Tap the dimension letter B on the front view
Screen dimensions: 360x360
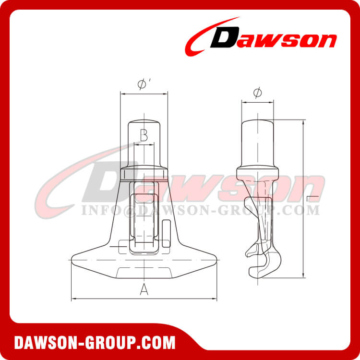[x=144, y=134]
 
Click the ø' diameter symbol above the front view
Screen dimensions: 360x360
[x=143, y=84]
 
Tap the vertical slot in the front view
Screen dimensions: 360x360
[x=144, y=216]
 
